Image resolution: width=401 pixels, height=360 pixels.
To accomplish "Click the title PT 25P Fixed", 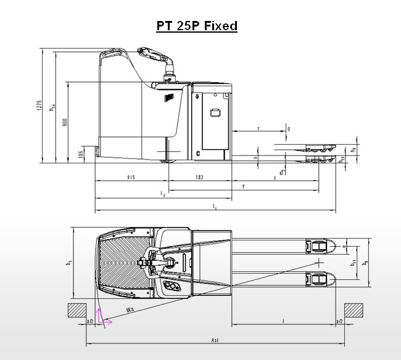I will [196, 26].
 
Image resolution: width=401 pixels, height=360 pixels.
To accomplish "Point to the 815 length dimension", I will [131, 178].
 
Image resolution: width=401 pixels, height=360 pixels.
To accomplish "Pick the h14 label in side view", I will [54, 108].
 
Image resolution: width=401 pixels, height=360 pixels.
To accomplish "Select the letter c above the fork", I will [258, 128].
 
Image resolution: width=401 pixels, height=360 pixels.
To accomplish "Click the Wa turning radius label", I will [130, 309].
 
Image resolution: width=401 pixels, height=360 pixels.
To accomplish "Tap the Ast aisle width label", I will [215, 340].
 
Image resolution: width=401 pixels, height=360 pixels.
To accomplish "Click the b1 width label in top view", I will [68, 263].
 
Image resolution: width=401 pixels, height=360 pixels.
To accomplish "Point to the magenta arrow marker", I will [104, 319].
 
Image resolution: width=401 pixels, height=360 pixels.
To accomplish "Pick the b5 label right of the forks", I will [366, 263].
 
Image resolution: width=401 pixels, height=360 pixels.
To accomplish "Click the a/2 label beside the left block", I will [90, 322].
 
